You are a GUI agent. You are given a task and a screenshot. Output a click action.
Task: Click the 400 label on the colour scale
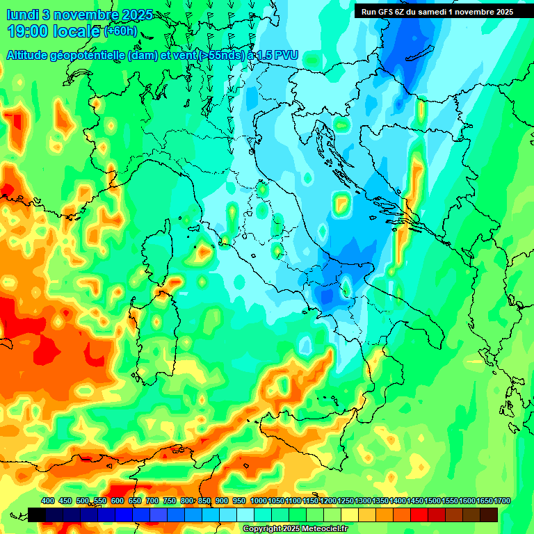[x=48, y=501]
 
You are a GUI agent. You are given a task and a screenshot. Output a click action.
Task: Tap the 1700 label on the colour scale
[x=502, y=501]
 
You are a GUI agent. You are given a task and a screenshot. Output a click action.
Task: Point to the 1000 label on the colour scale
[x=259, y=501]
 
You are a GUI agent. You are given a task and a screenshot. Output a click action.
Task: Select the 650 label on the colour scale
[x=135, y=501]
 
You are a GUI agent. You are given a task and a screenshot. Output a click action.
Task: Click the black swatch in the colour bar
[x=37, y=515]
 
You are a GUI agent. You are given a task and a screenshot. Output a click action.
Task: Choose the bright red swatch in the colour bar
[x=419, y=515]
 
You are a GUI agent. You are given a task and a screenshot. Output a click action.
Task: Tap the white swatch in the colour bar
[x=245, y=515]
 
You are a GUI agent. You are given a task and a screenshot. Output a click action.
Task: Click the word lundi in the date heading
[x=23, y=15]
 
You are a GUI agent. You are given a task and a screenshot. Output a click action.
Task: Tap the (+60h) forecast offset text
[x=120, y=31]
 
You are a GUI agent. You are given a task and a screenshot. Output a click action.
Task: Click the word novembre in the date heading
[x=86, y=15]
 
